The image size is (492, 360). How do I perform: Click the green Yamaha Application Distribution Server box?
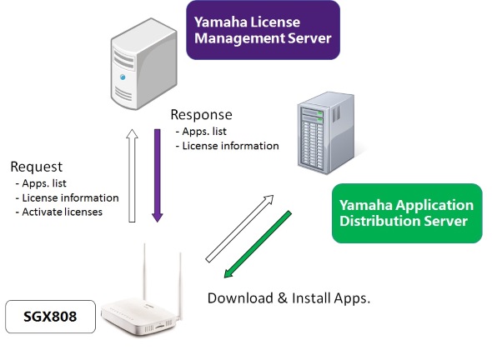(405, 212)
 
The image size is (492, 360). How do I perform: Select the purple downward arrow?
(157, 175)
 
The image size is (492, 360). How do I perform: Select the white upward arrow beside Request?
(131, 175)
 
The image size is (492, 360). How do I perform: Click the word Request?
(37, 167)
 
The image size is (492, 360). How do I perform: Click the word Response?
(201, 115)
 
